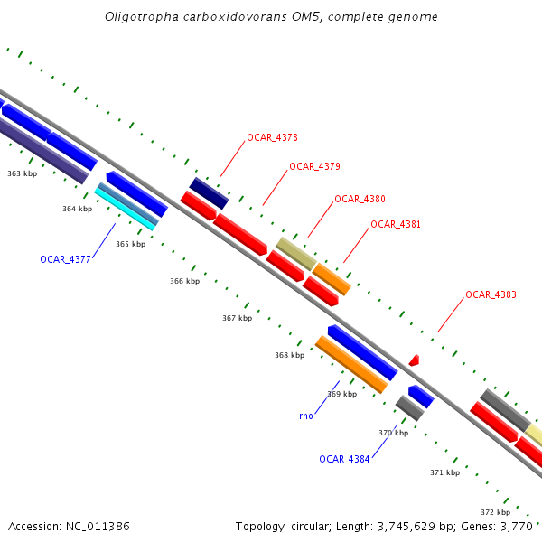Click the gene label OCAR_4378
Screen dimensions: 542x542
click(272, 138)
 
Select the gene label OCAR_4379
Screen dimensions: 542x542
click(314, 167)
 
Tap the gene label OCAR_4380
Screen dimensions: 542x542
click(360, 199)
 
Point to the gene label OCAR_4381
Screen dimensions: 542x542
click(396, 224)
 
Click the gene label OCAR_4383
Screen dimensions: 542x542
click(491, 295)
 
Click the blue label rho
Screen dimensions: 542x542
click(305, 416)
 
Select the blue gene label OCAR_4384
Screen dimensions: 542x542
click(344, 459)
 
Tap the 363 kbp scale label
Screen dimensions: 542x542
click(22, 173)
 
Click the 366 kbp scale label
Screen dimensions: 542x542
click(184, 281)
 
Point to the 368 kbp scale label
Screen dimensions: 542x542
click(289, 355)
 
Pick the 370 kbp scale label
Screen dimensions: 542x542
click(393, 433)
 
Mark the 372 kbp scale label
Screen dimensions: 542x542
click(495, 512)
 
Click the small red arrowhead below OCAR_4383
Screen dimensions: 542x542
click(414, 360)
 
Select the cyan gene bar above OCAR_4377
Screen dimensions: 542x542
click(125, 209)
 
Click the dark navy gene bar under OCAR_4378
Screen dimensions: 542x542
click(209, 193)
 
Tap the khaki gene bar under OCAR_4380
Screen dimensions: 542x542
click(295, 254)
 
